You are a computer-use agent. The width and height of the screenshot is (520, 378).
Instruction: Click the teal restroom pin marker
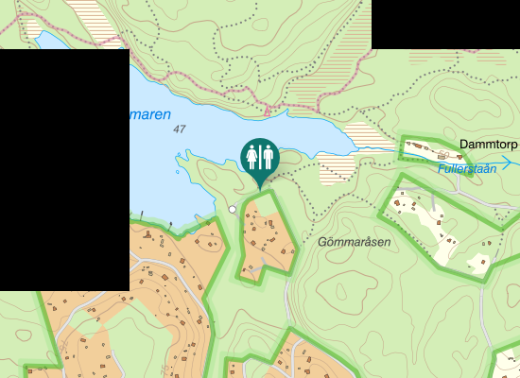[x=258, y=157]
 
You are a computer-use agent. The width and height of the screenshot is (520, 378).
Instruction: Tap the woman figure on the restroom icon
[x=251, y=155]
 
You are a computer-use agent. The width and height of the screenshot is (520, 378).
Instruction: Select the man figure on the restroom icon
[x=267, y=155]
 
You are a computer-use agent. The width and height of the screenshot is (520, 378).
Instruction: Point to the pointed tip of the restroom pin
[x=259, y=187]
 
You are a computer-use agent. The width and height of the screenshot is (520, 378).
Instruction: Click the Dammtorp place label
[x=489, y=145]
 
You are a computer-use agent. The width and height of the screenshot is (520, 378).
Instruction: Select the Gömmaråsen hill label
[x=355, y=242]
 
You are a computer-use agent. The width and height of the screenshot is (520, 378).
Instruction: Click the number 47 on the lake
[x=180, y=129]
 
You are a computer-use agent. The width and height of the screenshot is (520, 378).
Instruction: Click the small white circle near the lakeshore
[x=233, y=210]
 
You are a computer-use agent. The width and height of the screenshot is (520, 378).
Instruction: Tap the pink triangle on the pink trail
[x=268, y=112]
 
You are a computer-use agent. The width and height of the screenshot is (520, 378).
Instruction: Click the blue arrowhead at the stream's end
[x=507, y=163]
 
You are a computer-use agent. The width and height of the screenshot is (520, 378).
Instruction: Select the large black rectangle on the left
[x=64, y=170]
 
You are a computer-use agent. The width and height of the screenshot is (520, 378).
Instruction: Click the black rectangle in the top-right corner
[x=445, y=24]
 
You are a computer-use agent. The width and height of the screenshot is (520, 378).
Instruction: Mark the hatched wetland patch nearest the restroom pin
[x=338, y=171]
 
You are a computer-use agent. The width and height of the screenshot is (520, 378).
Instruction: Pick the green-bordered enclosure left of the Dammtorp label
[x=425, y=150]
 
